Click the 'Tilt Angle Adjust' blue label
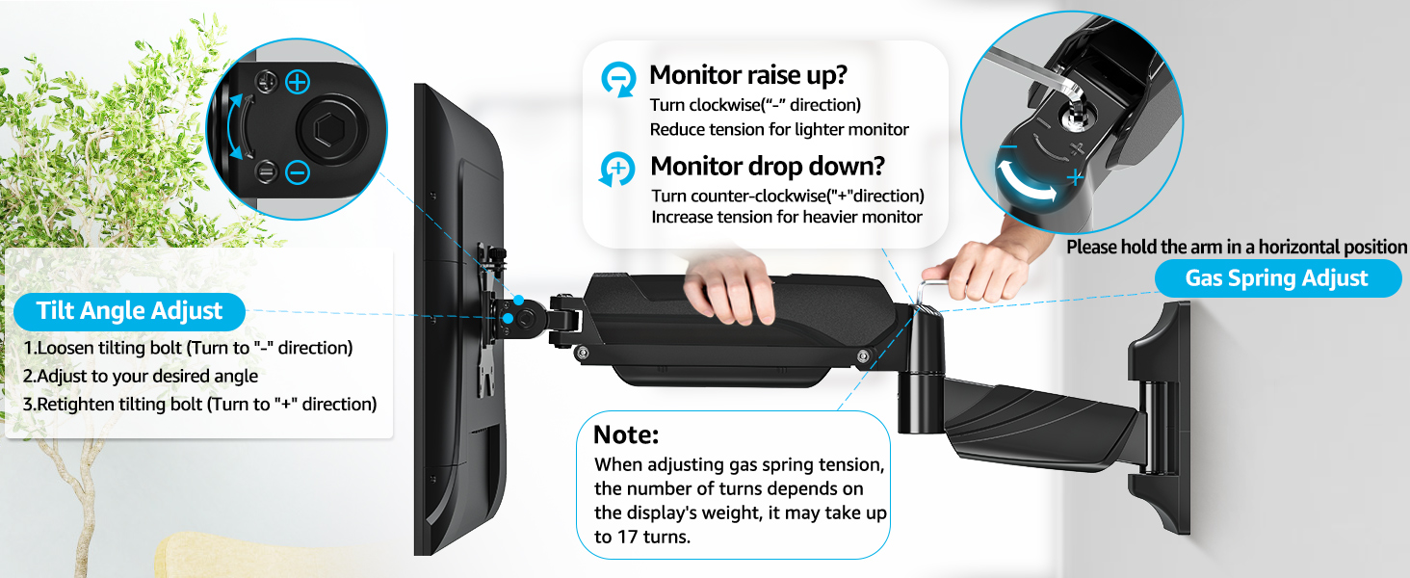[x=129, y=311]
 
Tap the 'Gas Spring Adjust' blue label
[x=1276, y=278]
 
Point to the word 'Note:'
[x=626, y=434]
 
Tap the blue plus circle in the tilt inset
[x=298, y=82]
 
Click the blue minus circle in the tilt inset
[x=298, y=173]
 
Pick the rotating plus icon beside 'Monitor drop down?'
[x=617, y=170]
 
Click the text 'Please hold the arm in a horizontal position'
[x=1237, y=248]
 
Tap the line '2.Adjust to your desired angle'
[x=141, y=376]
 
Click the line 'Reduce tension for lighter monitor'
[x=779, y=129]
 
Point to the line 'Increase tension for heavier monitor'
[x=787, y=217]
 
